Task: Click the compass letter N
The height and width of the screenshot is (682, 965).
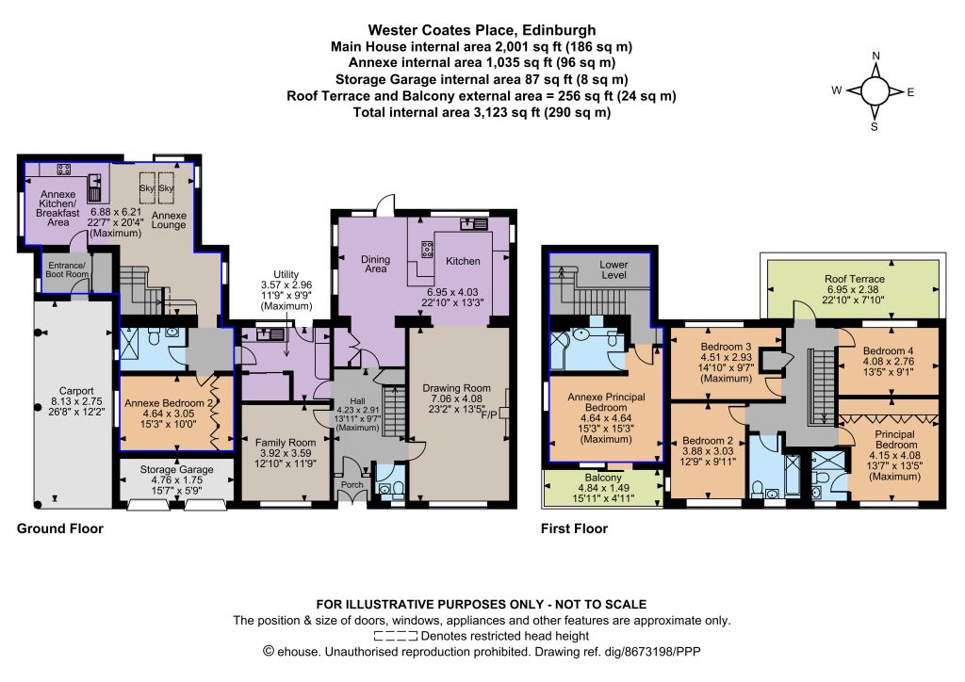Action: pyautogui.click(x=875, y=56)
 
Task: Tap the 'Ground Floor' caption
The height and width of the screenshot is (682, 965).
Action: pyautogui.click(x=59, y=528)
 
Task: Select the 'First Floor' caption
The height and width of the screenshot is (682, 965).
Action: pyautogui.click(x=574, y=528)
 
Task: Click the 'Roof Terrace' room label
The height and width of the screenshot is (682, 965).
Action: pyautogui.click(x=854, y=279)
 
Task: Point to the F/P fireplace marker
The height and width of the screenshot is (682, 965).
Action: pyautogui.click(x=489, y=414)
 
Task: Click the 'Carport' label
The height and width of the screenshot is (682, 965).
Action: pyautogui.click(x=76, y=391)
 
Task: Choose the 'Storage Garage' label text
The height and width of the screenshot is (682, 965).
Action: pyautogui.click(x=176, y=470)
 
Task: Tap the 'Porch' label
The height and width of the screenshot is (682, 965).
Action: pyautogui.click(x=352, y=484)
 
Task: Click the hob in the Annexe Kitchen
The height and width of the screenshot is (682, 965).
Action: pyautogui.click(x=63, y=169)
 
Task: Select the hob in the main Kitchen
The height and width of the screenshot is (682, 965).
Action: pyautogui.click(x=427, y=249)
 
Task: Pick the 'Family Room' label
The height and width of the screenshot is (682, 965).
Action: pyautogui.click(x=286, y=442)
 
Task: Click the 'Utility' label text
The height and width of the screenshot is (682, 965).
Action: pyautogui.click(x=286, y=274)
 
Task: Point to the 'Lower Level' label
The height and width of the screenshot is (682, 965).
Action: pyautogui.click(x=613, y=270)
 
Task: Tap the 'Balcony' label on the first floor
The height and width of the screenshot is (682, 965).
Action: pyautogui.click(x=603, y=478)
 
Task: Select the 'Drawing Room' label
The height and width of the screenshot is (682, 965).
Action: pyautogui.click(x=457, y=388)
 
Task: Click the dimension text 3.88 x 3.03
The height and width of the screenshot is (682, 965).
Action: pyautogui.click(x=708, y=451)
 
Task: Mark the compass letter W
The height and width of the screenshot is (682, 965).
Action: pyautogui.click(x=837, y=90)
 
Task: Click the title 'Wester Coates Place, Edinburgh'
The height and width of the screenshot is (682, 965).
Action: pyautogui.click(x=482, y=30)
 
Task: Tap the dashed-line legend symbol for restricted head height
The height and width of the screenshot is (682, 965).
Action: pyautogui.click(x=396, y=636)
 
